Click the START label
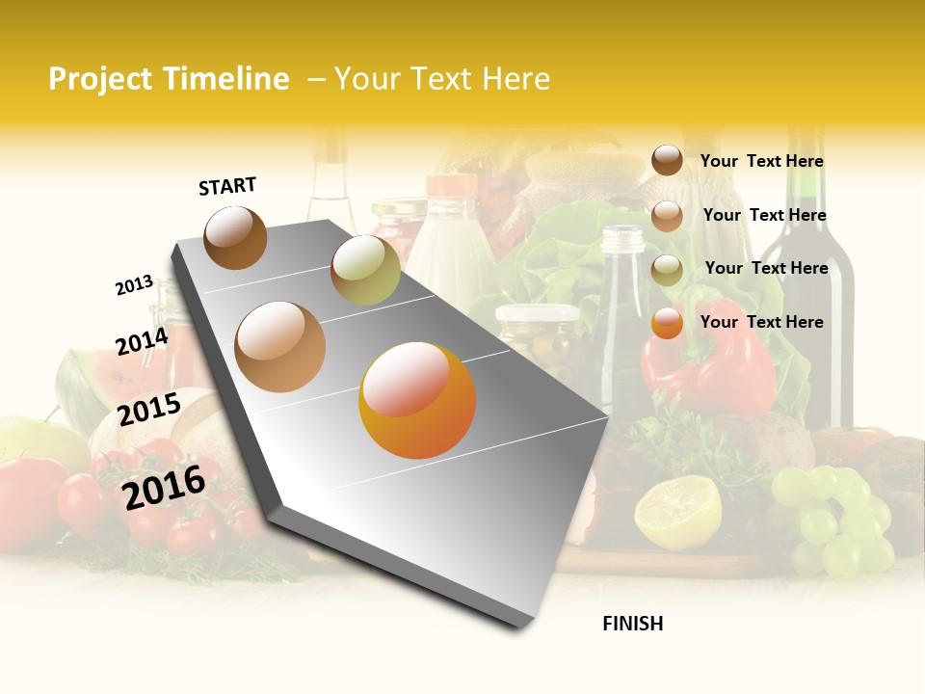[227, 186]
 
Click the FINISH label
[632, 624]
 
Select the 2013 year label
[134, 285]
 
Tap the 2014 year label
[142, 342]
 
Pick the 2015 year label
[149, 410]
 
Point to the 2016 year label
[164, 487]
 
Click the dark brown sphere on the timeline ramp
[235, 237]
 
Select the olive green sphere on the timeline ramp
[365, 270]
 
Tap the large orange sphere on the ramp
[417, 400]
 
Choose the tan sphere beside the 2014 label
[280, 347]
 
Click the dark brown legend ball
[667, 160]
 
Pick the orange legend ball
[667, 324]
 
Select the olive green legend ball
[667, 270]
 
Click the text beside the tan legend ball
[764, 215]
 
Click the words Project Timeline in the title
[169, 79]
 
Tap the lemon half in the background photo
[677, 511]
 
